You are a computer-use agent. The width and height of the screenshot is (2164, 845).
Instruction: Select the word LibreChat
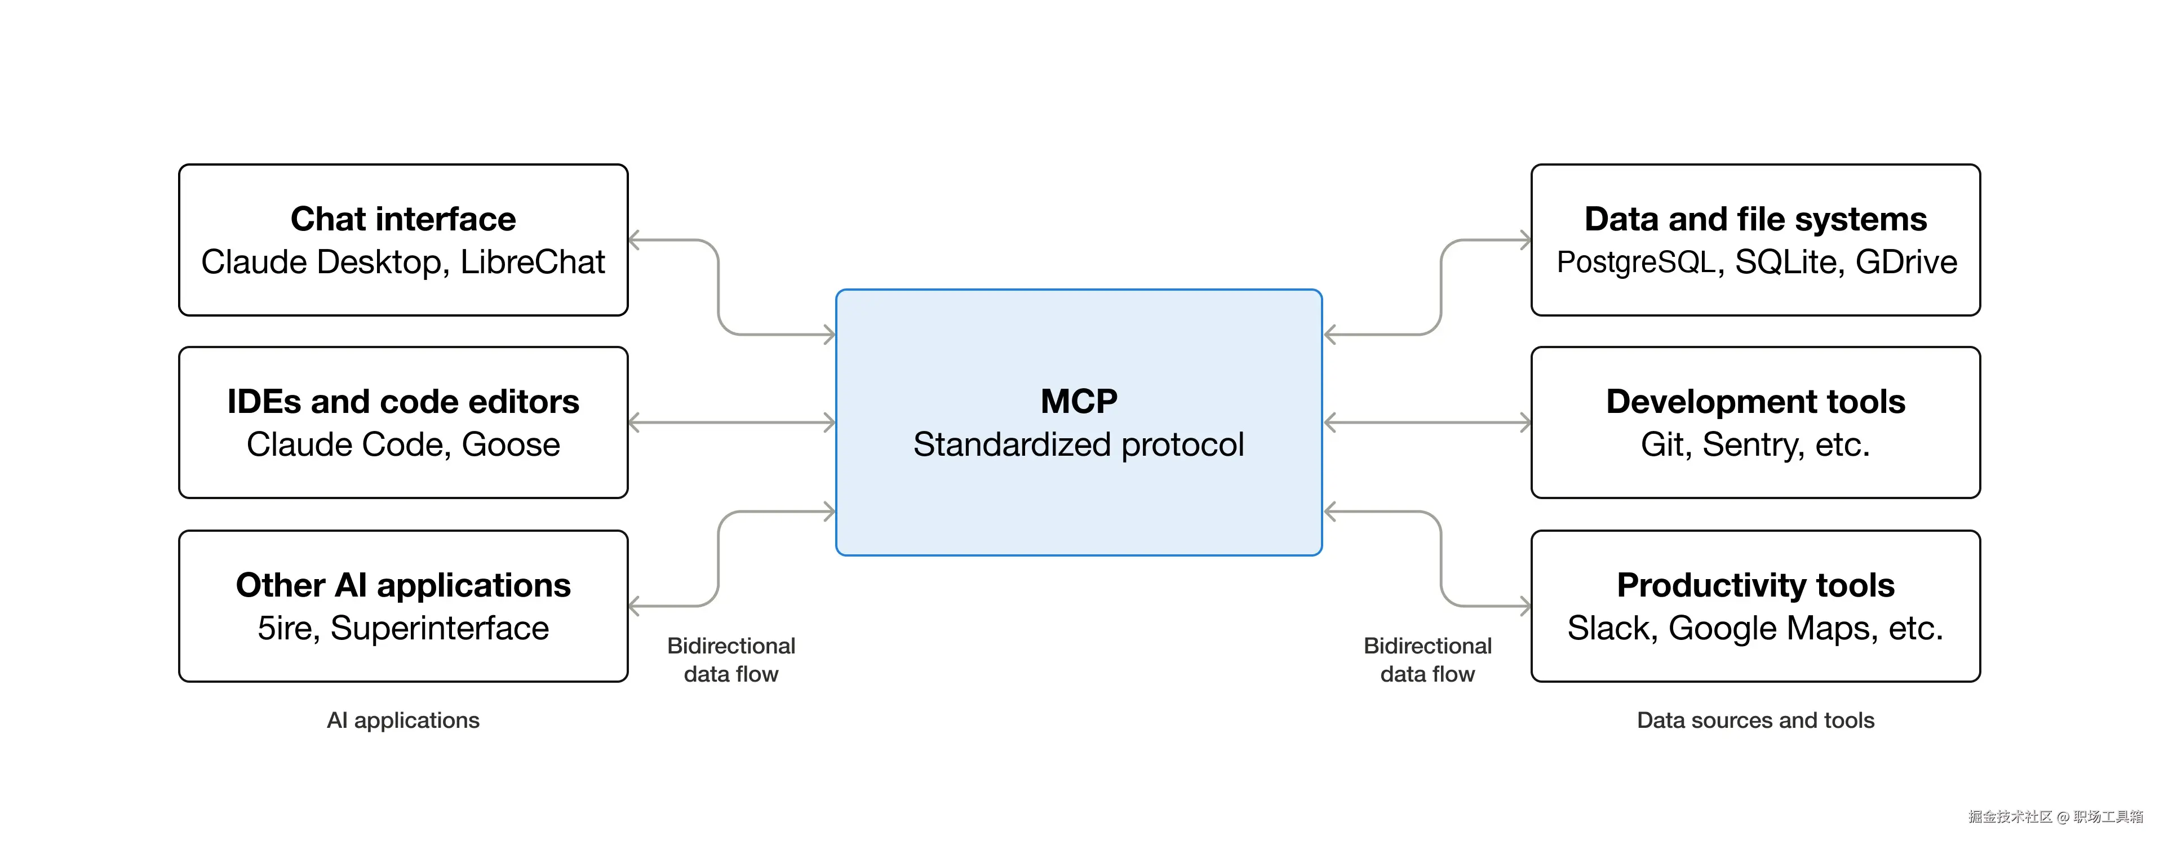[x=532, y=262]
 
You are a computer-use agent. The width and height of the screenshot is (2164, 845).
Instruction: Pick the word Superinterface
[x=440, y=628]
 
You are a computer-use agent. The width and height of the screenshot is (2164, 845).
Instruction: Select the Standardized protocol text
[x=1079, y=444]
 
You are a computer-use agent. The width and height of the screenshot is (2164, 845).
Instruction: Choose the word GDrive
[x=1905, y=262]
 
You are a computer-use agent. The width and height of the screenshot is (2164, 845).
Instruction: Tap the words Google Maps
[x=1772, y=628]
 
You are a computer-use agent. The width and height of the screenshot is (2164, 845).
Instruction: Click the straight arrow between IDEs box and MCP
[x=731, y=422]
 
